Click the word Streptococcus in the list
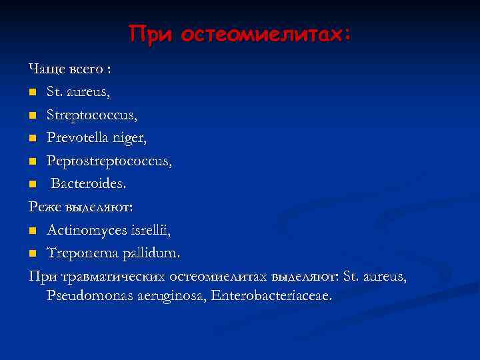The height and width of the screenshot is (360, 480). (92, 115)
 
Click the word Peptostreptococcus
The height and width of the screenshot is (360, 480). (109, 161)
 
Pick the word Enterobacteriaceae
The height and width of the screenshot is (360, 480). (270, 295)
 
